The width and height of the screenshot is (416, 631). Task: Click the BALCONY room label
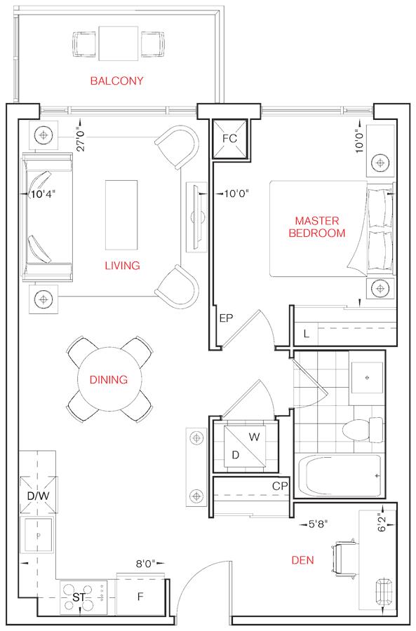click(x=116, y=81)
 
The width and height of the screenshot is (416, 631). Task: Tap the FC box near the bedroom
click(x=229, y=139)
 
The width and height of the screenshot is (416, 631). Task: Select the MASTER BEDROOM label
click(x=317, y=227)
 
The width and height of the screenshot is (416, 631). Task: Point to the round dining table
click(x=109, y=379)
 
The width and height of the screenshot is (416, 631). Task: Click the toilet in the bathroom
click(x=363, y=430)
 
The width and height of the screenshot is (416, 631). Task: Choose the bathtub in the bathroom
click(x=340, y=476)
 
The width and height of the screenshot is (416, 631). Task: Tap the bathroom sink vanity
click(x=367, y=377)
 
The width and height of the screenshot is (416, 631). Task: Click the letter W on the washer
click(x=254, y=437)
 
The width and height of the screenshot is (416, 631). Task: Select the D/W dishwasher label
click(x=38, y=496)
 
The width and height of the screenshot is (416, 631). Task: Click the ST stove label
click(x=79, y=597)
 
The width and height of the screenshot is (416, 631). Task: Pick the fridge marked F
click(x=140, y=597)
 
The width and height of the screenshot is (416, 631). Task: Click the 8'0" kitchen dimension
click(x=145, y=564)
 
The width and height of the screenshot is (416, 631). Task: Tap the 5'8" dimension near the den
click(x=318, y=524)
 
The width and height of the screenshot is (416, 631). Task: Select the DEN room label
click(x=302, y=560)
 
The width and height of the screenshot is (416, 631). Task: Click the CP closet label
click(x=280, y=486)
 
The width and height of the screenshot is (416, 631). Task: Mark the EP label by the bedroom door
click(x=227, y=318)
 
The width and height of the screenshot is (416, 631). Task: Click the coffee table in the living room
click(x=121, y=215)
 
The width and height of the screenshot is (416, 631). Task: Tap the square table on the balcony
click(x=119, y=43)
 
